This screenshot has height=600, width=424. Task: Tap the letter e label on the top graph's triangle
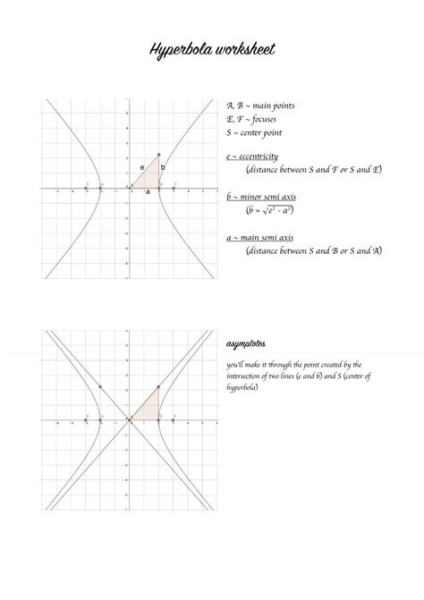click(x=142, y=167)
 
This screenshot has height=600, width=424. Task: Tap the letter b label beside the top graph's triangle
click(x=163, y=166)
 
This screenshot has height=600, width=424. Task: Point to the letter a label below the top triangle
click(x=148, y=192)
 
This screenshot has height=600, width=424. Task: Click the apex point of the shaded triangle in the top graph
click(x=159, y=155)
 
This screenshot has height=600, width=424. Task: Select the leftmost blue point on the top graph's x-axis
click(x=87, y=188)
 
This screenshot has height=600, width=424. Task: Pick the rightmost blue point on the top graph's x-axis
click(x=174, y=188)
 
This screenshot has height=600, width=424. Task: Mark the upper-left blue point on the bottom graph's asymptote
click(x=100, y=386)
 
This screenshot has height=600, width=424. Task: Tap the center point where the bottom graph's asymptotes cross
click(x=130, y=418)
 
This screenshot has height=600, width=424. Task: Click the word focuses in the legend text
click(x=267, y=119)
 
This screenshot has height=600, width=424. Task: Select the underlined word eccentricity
click(x=260, y=156)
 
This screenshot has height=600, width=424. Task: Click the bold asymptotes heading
click(x=245, y=344)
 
